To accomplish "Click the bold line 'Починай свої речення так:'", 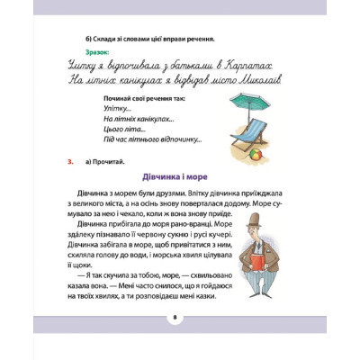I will coord(148,97).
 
